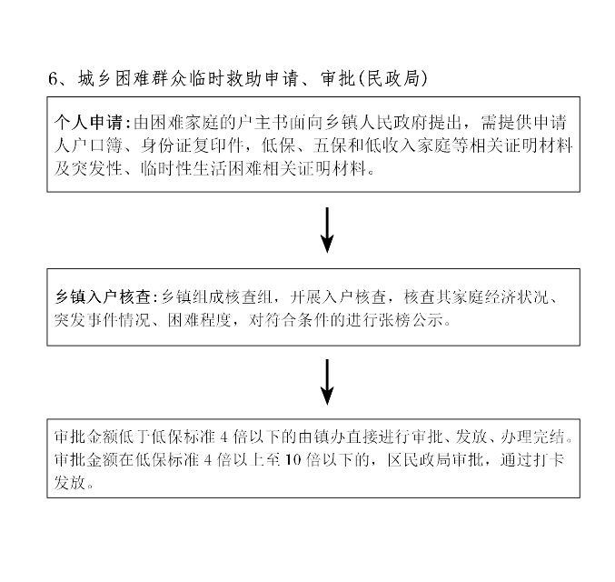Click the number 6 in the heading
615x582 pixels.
(53, 78)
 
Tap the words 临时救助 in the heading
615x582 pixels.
(225, 78)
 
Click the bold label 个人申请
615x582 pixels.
(89, 123)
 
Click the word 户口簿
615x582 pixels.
(97, 145)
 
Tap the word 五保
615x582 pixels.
(331, 145)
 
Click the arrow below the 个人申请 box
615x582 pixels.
(327, 230)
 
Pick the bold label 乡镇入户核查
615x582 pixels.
(103, 296)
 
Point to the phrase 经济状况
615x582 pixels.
(516, 296)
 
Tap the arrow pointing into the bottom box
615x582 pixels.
(327, 382)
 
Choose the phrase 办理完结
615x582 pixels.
(532, 436)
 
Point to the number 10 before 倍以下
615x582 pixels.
(293, 459)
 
